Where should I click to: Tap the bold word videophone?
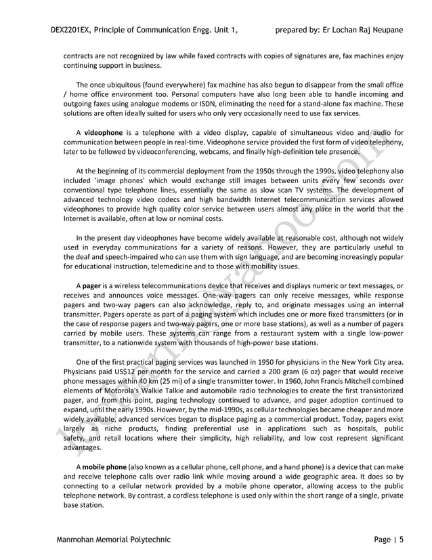coord(104,132)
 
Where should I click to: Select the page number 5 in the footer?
coord(402,540)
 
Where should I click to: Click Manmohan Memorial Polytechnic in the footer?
coord(113,540)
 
